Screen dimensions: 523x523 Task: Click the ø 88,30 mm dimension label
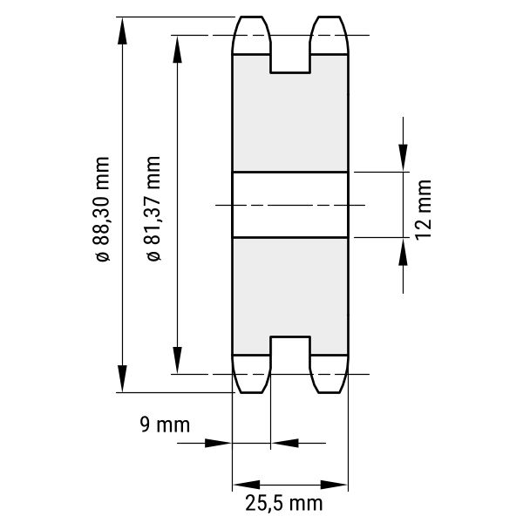click(102, 209)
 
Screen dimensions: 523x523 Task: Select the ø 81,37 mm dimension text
click(153, 208)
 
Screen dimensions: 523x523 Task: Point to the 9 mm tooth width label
click(165, 425)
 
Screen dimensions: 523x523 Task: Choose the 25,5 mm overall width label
click(284, 503)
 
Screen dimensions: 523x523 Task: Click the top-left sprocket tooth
click(251, 35)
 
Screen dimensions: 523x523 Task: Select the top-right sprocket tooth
click(329, 35)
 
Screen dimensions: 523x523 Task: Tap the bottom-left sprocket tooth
click(251, 374)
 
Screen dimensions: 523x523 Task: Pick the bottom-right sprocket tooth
click(329, 374)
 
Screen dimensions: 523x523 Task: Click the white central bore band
click(290, 205)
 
